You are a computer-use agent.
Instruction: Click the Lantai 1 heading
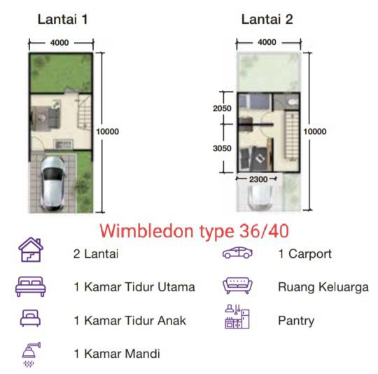[x=62, y=20]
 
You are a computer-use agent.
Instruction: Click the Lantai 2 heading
[x=267, y=20]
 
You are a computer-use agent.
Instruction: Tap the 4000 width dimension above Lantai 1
[x=59, y=43]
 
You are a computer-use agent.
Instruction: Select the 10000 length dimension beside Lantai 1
[x=108, y=132]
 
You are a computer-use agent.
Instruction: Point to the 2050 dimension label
[x=222, y=109]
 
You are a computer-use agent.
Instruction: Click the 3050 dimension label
[x=222, y=148]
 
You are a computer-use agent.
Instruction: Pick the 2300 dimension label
[x=258, y=179]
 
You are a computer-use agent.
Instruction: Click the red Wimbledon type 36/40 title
[x=195, y=231]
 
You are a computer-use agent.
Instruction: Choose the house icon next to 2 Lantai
[x=31, y=249]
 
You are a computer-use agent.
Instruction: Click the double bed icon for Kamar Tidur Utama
[x=30, y=286]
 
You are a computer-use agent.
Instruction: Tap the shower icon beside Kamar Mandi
[x=31, y=354]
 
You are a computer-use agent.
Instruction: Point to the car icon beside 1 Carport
[x=237, y=253]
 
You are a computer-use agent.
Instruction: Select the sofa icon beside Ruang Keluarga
[x=237, y=286]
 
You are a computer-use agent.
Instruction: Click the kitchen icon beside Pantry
[x=237, y=317]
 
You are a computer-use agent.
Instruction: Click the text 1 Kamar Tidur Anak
[x=130, y=321]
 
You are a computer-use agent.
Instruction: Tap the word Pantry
[x=296, y=321]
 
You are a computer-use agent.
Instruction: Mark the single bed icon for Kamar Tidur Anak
[x=30, y=318]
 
